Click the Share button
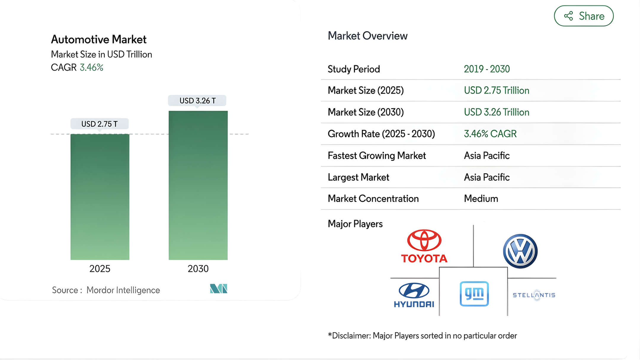[x=583, y=16]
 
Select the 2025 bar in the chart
[x=100, y=197]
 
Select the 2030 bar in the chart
[x=198, y=185]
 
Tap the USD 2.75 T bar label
[x=100, y=124]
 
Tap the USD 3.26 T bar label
[x=197, y=101]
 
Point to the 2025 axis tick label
[x=100, y=269]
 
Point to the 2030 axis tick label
[x=198, y=269]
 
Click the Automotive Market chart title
[x=99, y=39]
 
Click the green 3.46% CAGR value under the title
[x=92, y=68]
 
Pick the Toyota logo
[x=424, y=246]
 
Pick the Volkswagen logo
[x=520, y=251]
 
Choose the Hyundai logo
[x=414, y=295]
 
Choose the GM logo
[x=474, y=294]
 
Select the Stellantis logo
[x=534, y=295]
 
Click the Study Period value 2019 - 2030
[x=487, y=69]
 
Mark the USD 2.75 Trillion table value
[x=497, y=90]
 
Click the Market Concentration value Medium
[x=481, y=199]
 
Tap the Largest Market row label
[x=358, y=177]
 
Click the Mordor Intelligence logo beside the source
[x=219, y=289]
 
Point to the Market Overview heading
[x=367, y=36]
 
